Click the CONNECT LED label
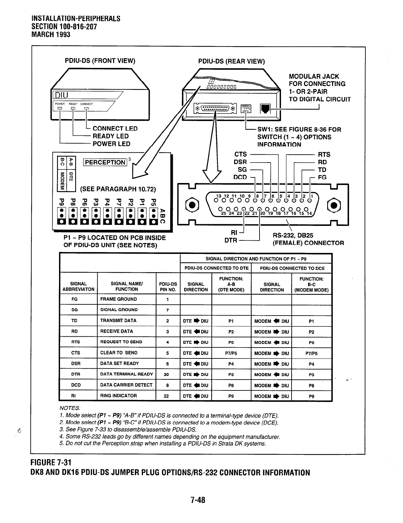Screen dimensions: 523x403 click(x=115, y=129)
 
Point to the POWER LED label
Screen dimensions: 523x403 click(x=111, y=144)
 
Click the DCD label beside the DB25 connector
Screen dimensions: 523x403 click(x=240, y=177)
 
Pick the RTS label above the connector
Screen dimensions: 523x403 click(x=324, y=155)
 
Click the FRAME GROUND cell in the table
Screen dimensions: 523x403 click(x=118, y=299)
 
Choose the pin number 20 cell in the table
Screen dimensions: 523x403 click(x=168, y=374)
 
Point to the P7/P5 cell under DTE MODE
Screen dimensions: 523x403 click(x=231, y=353)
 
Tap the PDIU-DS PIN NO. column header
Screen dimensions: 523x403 click(x=168, y=287)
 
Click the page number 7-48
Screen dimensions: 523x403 click(x=198, y=500)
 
